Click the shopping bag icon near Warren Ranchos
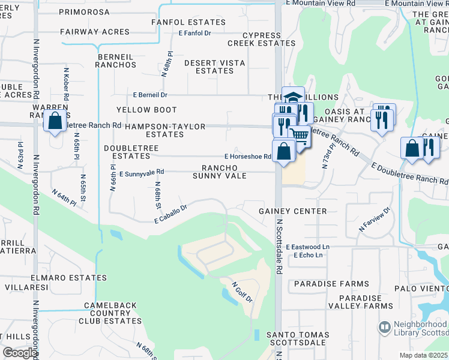tap(55, 121)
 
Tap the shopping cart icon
tap(299, 136)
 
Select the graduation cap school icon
tap(293, 97)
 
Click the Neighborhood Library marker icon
tap(385, 328)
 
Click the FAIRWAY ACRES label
tap(95, 32)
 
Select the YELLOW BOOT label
tap(146, 110)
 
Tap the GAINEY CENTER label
tap(293, 211)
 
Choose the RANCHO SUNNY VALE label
tap(215, 172)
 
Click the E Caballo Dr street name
tap(171, 214)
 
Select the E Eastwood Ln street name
tap(308, 247)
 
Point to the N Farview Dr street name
tap(375, 220)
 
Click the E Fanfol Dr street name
tap(195, 33)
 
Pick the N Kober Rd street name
tap(65, 84)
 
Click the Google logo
tap(20, 353)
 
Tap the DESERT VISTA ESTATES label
tap(209, 67)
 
